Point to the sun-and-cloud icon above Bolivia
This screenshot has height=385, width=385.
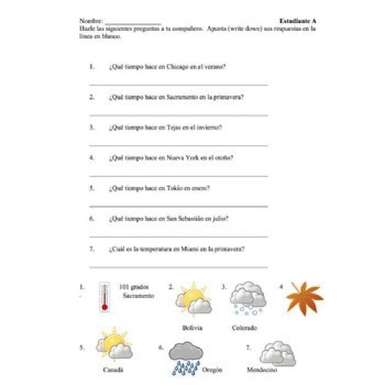[193, 300]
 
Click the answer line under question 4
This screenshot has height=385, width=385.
[179, 175]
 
